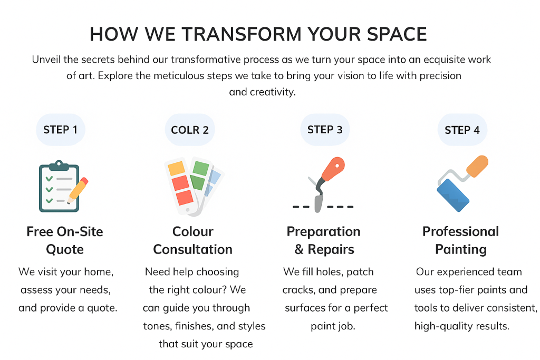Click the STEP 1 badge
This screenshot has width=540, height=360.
point(61,130)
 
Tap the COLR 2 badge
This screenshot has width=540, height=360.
point(190,130)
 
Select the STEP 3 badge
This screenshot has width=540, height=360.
point(325,130)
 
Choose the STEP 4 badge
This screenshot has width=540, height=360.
point(462,130)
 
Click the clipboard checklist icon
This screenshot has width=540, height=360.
point(59,186)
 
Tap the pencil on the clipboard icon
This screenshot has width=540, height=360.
point(78,190)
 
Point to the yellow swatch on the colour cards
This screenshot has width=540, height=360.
point(177,168)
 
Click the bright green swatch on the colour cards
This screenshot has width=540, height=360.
point(201,168)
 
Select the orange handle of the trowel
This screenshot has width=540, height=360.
point(333,169)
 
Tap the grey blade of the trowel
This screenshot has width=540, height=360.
point(318,203)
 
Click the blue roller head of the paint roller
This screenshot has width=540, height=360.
point(453,195)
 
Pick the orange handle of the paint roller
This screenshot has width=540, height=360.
point(477,166)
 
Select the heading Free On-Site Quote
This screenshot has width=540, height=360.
point(65,240)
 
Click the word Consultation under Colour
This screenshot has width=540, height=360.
point(193,249)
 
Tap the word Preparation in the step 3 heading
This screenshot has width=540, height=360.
point(323,232)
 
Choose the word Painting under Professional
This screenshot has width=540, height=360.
point(461,249)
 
